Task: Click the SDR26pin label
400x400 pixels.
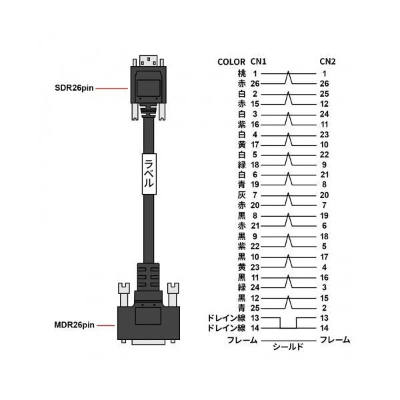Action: [74, 88]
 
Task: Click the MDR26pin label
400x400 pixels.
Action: [74, 325]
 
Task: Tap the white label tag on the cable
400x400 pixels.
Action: [149, 174]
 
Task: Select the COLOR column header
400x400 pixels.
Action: [231, 62]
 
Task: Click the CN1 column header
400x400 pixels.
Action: [258, 61]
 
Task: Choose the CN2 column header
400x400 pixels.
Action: [327, 61]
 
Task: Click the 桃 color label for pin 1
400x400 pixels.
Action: [241, 73]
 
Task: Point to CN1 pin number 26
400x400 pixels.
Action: [255, 84]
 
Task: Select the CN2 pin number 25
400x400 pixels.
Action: [324, 94]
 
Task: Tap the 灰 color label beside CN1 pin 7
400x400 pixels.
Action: [241, 195]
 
